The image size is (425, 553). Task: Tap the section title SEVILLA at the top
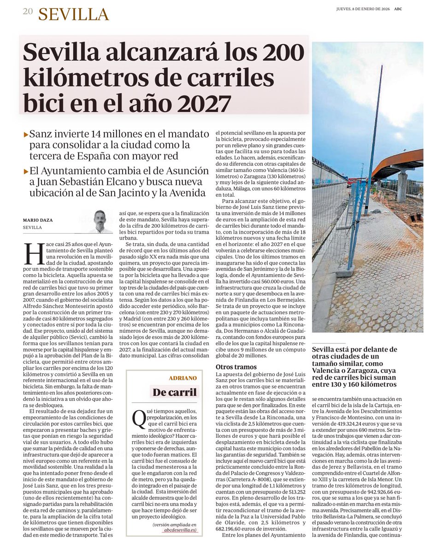[x=74, y=15]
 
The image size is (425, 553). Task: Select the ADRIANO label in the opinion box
[x=183, y=377]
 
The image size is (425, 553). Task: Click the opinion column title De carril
[x=176, y=393]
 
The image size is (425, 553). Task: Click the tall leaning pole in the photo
[x=374, y=138]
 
